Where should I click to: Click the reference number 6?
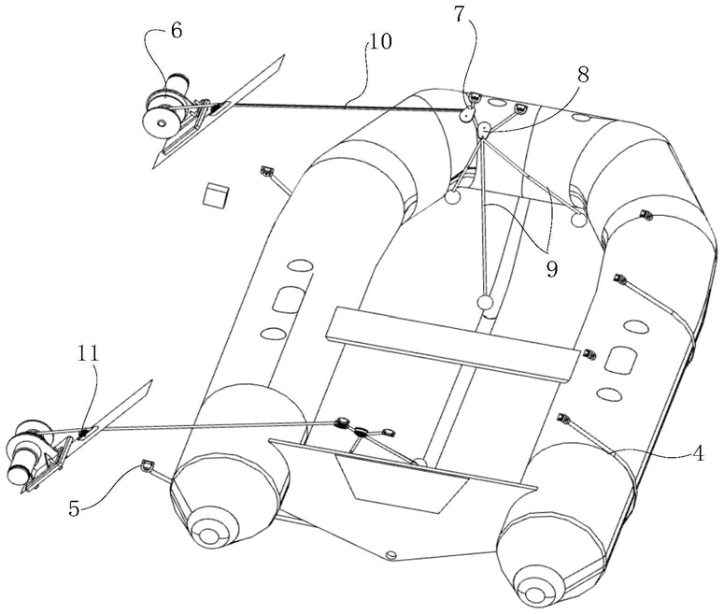176,29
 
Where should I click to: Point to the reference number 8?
582,76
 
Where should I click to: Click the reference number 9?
551,269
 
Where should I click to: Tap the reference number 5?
74,509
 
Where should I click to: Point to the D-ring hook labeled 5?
147,463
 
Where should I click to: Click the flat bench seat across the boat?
448,346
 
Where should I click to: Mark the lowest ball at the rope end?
484,302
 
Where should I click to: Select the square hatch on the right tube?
618,358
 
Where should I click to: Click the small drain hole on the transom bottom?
391,555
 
